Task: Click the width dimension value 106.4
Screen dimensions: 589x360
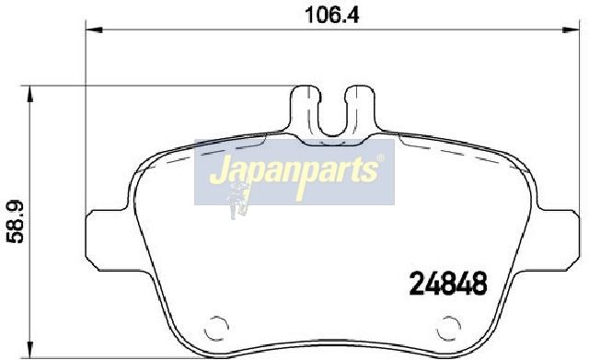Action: tap(332, 15)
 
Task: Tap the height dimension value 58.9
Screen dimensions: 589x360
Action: tap(16, 222)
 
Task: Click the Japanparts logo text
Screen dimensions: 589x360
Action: tap(294, 175)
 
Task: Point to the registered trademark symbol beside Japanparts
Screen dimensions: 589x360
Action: tap(380, 158)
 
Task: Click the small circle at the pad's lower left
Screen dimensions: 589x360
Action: tap(216, 328)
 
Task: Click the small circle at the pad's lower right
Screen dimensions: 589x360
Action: tap(448, 328)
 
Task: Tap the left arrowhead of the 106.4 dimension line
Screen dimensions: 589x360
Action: tap(94, 29)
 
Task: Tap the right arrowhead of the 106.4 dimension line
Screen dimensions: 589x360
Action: tap(571, 29)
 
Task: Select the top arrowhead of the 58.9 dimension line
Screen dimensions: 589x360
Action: tap(30, 94)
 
